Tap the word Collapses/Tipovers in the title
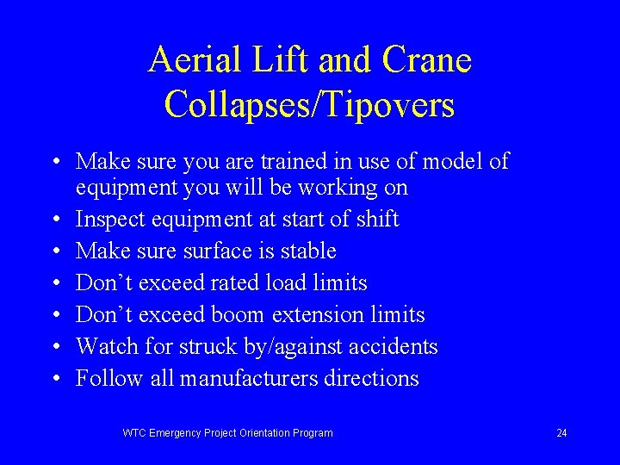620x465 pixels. coord(309,104)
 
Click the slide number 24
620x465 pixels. coord(561,433)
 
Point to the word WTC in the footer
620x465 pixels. coord(135,433)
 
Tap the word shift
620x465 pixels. coord(375,220)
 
